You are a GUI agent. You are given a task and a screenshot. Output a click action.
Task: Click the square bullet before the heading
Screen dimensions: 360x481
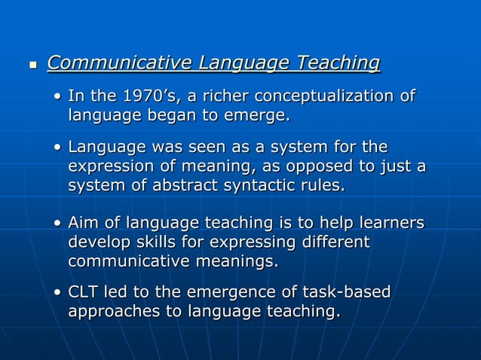pos(32,66)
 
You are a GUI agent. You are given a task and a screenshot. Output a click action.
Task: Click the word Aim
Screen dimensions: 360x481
pos(84,224)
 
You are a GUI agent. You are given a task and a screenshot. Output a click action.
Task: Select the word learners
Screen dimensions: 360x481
pos(390,224)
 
